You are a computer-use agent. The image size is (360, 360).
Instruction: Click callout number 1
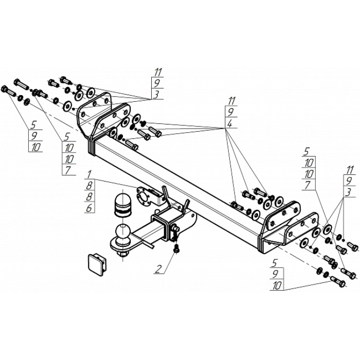pyautogui.click(x=89, y=173)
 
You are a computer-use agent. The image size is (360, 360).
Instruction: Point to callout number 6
pyautogui.click(x=89, y=207)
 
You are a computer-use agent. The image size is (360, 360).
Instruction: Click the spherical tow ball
pyautogui.click(x=123, y=233)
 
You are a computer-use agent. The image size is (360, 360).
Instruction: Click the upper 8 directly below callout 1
pyautogui.click(x=89, y=185)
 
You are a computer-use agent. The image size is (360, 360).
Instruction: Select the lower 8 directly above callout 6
pyautogui.click(x=89, y=196)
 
